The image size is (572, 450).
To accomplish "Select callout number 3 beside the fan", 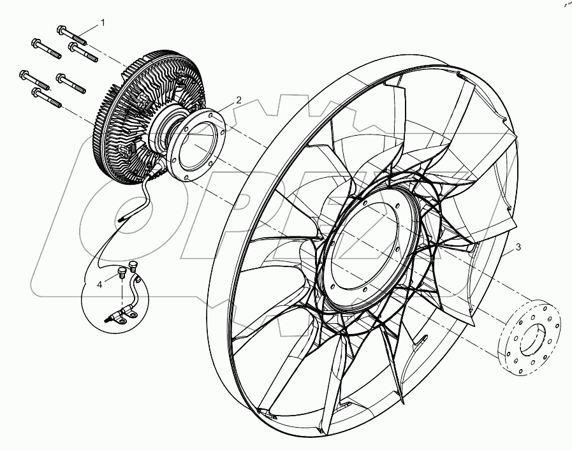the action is pyautogui.click(x=518, y=247).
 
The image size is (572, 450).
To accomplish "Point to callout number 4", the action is pyautogui.click(x=99, y=285).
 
